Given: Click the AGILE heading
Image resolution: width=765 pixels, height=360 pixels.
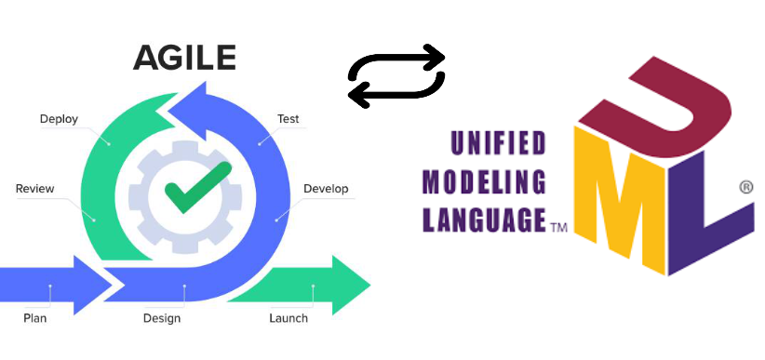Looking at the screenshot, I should pos(184,59).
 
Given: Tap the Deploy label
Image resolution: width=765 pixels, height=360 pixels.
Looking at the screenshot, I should pos(59,119).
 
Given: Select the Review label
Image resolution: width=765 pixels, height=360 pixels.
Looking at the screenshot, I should pos(35,189).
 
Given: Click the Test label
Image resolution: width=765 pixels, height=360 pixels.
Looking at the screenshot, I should pos(288,119).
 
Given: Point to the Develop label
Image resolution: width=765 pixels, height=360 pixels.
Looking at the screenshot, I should pos(326,189).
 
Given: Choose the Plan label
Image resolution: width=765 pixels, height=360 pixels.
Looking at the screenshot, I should pos(34,318).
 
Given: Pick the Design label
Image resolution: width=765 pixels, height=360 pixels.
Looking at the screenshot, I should pos(162,318).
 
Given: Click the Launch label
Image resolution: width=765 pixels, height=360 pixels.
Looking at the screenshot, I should pos(289,318).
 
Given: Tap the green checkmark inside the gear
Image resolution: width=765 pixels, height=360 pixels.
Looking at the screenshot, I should pos(196,186).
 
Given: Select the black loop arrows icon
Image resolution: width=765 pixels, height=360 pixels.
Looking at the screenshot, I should pos(396,74).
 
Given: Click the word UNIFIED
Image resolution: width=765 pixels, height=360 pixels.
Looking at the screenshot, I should pos(498,143).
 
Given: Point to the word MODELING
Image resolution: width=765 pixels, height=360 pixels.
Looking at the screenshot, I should pos(485,181).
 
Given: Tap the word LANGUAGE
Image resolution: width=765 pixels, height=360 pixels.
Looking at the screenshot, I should pos(484,220).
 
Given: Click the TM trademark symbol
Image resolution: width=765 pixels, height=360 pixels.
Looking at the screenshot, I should pos(559,226).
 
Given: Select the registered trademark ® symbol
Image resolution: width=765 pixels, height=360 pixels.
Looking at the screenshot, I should pos(745,187).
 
